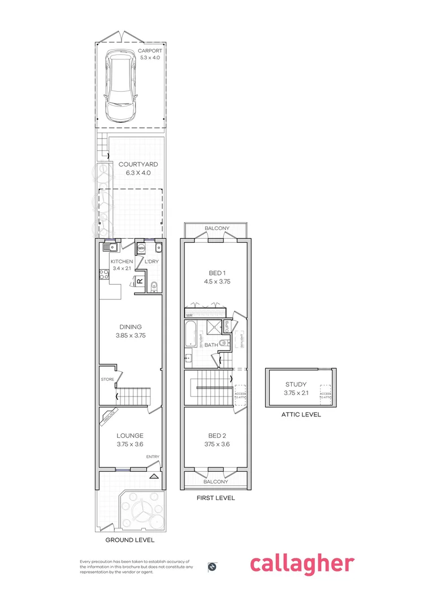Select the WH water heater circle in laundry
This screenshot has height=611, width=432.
141,247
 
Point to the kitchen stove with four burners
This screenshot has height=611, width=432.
105,276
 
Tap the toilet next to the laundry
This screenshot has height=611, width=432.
154,287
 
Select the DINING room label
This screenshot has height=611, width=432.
130,326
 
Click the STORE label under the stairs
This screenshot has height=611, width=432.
107,379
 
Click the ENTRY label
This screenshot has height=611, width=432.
153,457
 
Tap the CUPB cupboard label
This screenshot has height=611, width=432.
227,327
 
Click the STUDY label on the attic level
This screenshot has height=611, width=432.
296,385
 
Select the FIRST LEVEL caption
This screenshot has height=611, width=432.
215,498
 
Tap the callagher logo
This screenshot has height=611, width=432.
302,563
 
